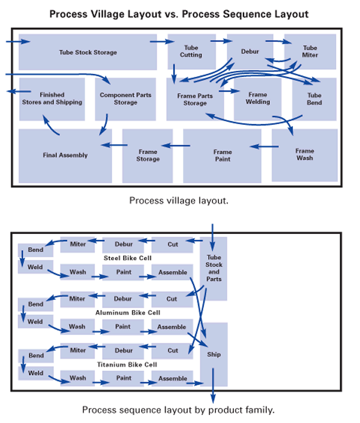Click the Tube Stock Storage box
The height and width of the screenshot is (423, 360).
coord(88,52)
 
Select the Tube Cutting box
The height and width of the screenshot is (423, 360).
coord(191,51)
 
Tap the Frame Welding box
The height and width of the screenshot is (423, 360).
coord(257,98)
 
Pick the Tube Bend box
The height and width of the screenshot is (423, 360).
coord(314,99)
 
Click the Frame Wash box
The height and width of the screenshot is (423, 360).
coord(304,154)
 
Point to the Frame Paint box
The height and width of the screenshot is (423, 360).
coord(222,155)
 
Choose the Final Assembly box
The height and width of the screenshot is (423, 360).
coord(65,155)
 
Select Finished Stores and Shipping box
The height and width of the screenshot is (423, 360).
coord(52,99)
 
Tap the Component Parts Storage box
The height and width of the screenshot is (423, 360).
coord(125,99)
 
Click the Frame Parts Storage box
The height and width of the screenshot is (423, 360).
coord(195,100)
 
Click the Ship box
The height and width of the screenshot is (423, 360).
coord(214,355)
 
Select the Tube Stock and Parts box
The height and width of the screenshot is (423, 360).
coord(214,268)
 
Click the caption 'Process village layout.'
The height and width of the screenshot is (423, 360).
coord(179,200)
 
